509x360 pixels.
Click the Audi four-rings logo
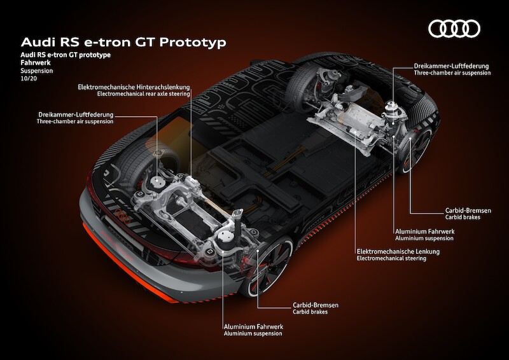click(x=454, y=29)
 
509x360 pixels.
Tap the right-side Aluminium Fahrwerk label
click(x=424, y=231)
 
